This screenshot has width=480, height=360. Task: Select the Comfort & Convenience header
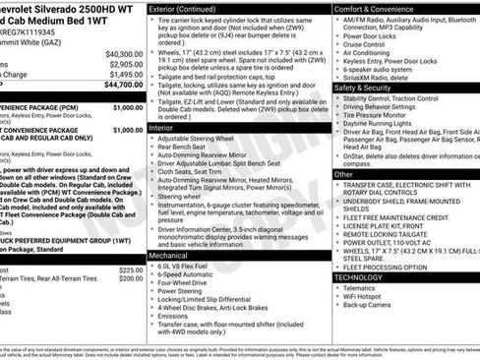376,8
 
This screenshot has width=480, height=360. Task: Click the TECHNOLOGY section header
359,277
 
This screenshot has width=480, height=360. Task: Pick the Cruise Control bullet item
370,45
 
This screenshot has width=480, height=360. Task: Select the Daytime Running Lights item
382,125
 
